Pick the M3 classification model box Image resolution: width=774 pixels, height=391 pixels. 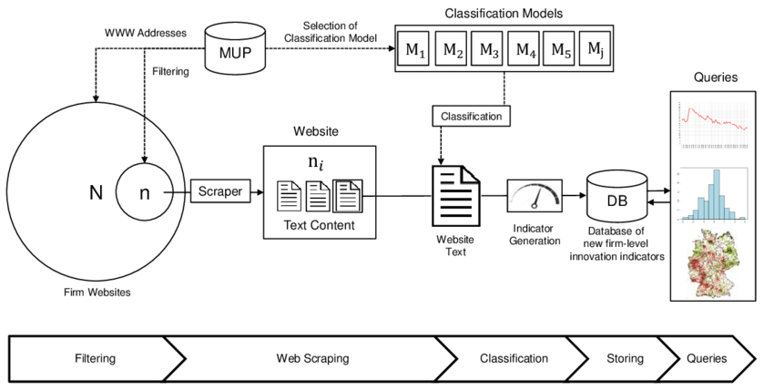(x=489, y=51)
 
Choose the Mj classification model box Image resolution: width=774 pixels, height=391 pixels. (x=595, y=50)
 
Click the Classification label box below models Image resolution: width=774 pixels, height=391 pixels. (x=471, y=117)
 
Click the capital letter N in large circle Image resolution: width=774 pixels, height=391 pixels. (x=96, y=193)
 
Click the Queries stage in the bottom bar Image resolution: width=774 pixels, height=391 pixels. (x=708, y=358)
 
